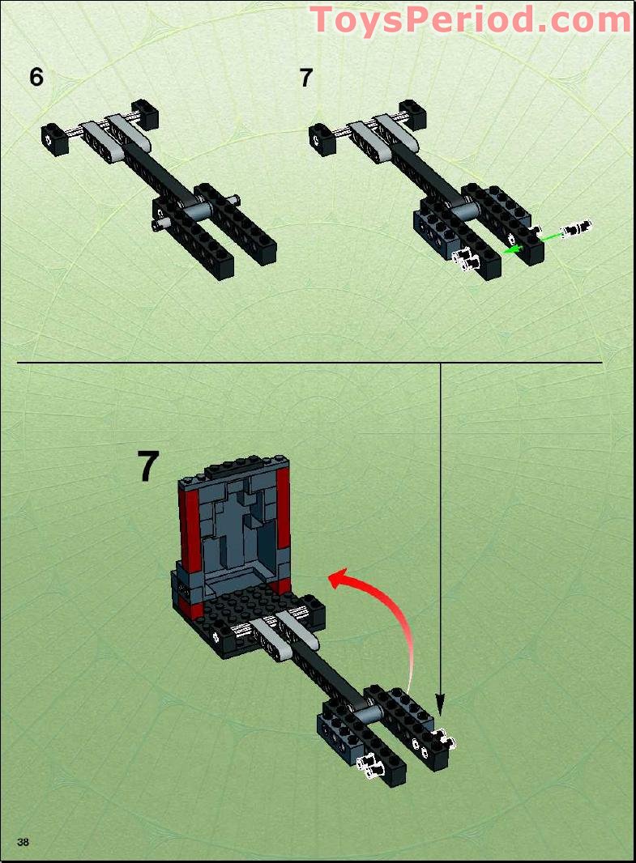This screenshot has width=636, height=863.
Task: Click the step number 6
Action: [x=36, y=77]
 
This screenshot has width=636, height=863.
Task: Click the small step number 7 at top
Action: [x=305, y=79]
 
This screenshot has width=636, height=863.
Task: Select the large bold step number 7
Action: [x=147, y=468]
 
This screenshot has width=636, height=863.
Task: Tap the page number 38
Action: [x=23, y=842]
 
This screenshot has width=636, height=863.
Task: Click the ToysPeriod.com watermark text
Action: [x=470, y=19]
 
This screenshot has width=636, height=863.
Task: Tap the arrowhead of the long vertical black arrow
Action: [x=440, y=698]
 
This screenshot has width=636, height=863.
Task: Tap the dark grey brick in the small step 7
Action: [x=429, y=226]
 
